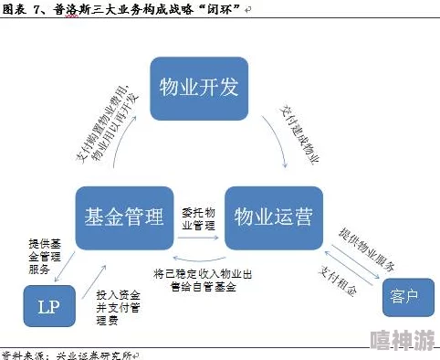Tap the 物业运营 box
[273, 217]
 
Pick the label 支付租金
[339, 282]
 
